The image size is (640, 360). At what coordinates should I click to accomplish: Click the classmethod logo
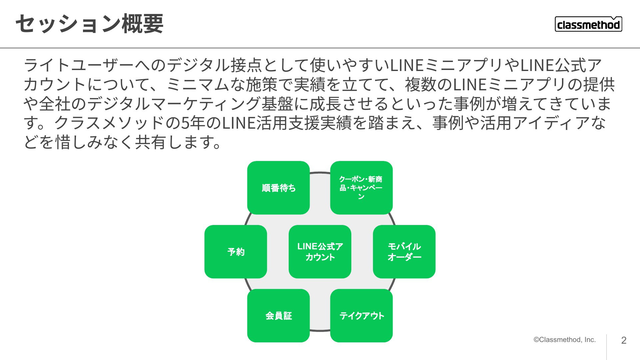click(x=588, y=24)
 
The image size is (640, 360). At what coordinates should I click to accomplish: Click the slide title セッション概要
click(x=89, y=24)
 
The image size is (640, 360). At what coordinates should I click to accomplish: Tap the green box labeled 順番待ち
click(x=278, y=188)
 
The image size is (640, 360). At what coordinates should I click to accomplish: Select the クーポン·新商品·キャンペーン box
click(x=361, y=188)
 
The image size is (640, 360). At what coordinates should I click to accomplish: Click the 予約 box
click(x=236, y=252)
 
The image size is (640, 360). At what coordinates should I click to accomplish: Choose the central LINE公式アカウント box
click(x=320, y=252)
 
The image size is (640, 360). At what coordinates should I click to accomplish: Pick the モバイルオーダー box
click(x=404, y=252)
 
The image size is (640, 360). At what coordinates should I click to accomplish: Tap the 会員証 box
click(x=278, y=316)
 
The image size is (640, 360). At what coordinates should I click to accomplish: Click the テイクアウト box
click(x=361, y=316)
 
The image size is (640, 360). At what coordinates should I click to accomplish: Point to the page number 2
click(x=624, y=340)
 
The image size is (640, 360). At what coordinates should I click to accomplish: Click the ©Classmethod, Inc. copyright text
click(x=565, y=340)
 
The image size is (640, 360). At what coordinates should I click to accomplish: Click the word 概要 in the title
click(x=143, y=24)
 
